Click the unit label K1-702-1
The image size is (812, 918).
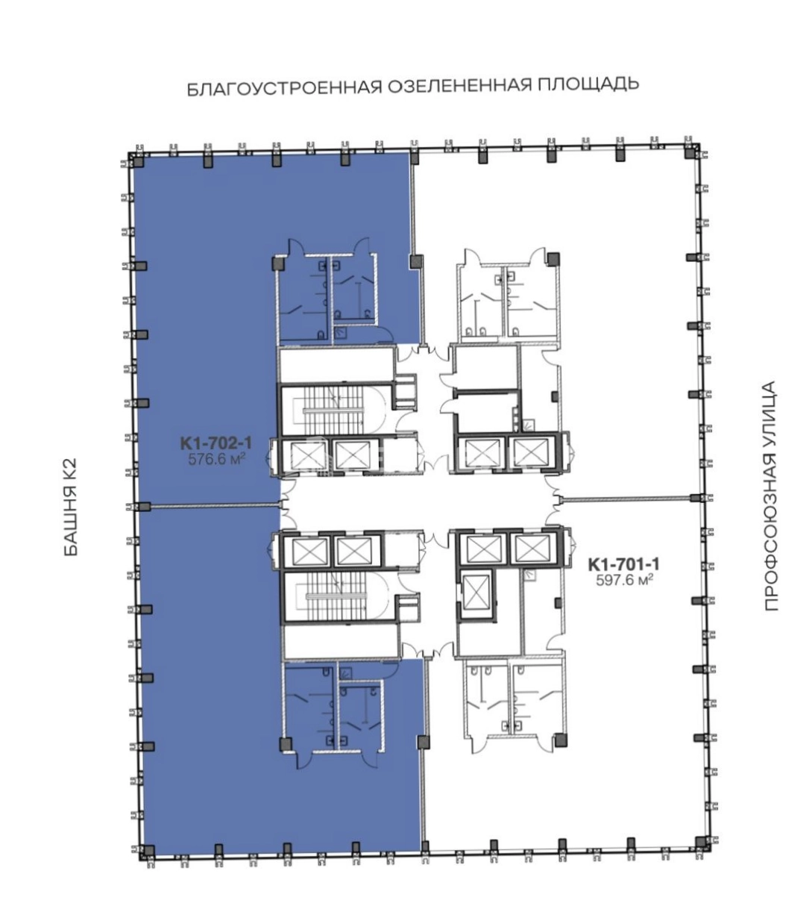pos(215,443)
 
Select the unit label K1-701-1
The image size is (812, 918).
pos(623,564)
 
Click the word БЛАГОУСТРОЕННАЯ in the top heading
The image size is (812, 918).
pos(285,87)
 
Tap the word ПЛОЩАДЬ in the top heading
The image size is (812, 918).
pos(588,84)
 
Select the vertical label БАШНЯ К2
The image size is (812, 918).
pos(71,507)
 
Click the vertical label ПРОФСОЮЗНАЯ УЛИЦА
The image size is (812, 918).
pos(770,496)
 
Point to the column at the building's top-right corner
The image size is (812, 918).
pos(690,153)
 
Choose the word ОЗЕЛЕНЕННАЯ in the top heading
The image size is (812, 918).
pos(459,86)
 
